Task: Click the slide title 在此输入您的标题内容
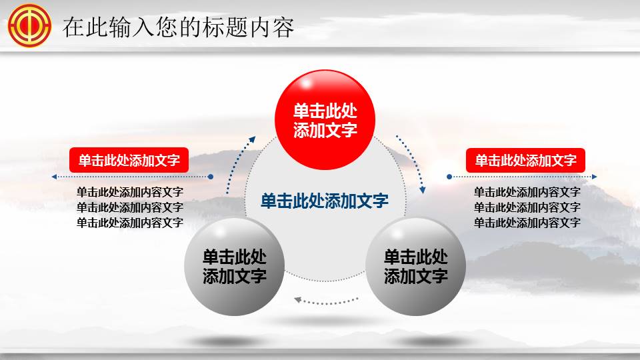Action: point(178,27)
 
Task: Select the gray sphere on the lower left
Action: point(234,266)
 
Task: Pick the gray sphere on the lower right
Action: point(415,266)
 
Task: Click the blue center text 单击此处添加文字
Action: point(325,201)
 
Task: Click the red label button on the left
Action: point(129,160)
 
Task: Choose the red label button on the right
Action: point(525,160)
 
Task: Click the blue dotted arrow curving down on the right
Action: point(413,163)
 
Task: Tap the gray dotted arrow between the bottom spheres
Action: point(325,301)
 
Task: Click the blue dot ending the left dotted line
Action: point(211,177)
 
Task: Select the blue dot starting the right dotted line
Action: point(449,177)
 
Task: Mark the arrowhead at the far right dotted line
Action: point(595,177)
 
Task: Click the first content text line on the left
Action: point(129,192)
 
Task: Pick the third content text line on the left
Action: point(129,223)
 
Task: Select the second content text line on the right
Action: point(527,207)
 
